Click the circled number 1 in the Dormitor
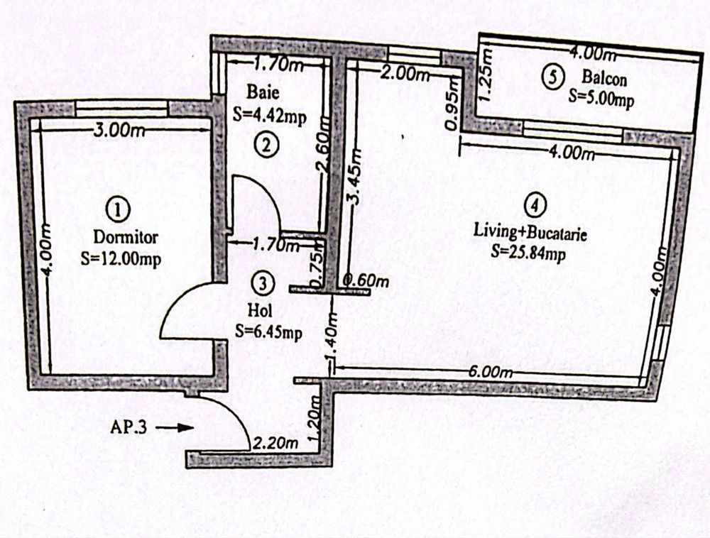click(118, 210)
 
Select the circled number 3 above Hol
click(263, 282)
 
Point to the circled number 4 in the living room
click(535, 205)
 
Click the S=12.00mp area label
click(121, 259)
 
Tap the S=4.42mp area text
click(270, 116)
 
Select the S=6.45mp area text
click(268, 332)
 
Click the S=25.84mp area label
click(528, 252)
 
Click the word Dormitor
click(126, 236)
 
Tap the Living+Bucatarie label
click(530, 233)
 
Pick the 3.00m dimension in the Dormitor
click(119, 131)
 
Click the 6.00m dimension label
click(491, 373)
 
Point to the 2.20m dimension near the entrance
click(275, 444)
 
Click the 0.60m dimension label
click(366, 281)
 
